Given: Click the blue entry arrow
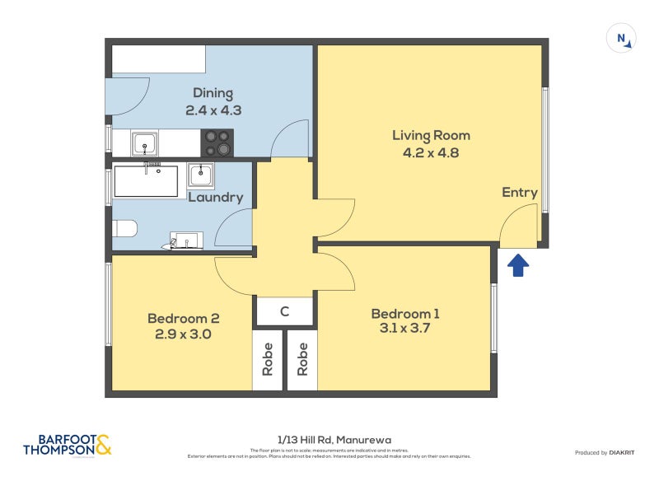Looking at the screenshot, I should (516, 265).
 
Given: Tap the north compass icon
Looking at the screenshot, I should (621, 39).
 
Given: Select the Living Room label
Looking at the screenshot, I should (430, 135).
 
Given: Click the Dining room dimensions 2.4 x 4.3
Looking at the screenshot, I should (213, 110).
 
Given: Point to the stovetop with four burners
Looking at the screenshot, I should (217, 142).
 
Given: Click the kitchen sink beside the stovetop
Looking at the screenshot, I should (145, 143).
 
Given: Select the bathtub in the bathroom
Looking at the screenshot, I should (146, 181).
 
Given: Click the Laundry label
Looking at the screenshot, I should (216, 197).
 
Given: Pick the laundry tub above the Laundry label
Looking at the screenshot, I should (202, 175).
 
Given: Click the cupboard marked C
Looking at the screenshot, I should (284, 311).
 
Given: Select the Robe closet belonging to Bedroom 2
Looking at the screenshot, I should (268, 360).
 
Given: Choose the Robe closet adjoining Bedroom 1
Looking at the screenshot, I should (302, 360).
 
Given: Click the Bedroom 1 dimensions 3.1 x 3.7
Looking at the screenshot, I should (404, 328).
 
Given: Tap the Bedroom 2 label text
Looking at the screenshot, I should (183, 318).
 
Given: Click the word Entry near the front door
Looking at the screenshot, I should (520, 192).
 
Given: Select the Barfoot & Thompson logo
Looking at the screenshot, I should (67, 446).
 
